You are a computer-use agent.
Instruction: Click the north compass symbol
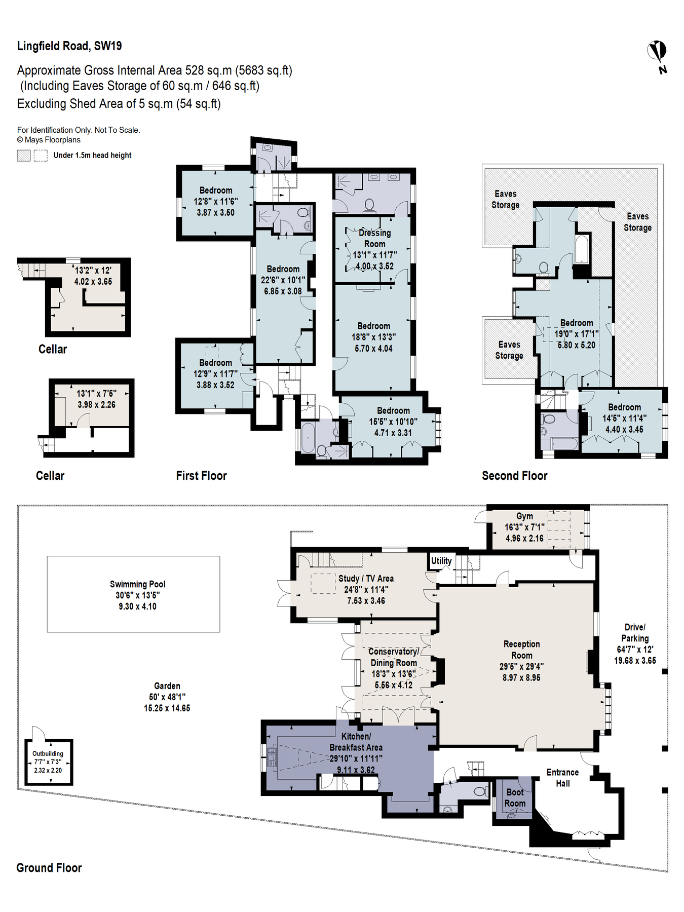(657, 56)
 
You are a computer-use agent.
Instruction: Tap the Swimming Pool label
(138, 584)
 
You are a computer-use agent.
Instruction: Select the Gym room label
(524, 516)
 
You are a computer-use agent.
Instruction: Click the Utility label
(441, 560)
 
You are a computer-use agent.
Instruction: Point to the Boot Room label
(515, 797)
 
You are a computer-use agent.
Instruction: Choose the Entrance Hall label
(562, 778)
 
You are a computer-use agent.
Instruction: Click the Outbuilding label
(48, 753)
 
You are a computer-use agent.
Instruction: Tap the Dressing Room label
(375, 238)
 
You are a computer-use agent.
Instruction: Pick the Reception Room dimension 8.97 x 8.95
(521, 677)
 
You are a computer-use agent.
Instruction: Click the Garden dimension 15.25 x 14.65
(167, 708)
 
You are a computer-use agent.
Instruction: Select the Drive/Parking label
(635, 633)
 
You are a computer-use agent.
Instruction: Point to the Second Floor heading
(514, 476)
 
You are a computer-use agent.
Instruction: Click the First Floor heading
(201, 476)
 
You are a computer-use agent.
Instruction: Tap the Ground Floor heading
(49, 868)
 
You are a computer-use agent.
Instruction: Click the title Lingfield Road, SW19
(69, 46)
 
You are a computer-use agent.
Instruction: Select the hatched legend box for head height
(23, 156)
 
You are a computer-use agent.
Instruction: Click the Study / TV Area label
(366, 578)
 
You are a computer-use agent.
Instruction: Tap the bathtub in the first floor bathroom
(308, 438)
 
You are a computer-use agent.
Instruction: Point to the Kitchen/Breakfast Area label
(356, 742)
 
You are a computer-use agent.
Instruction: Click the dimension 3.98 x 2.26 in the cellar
(96, 404)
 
